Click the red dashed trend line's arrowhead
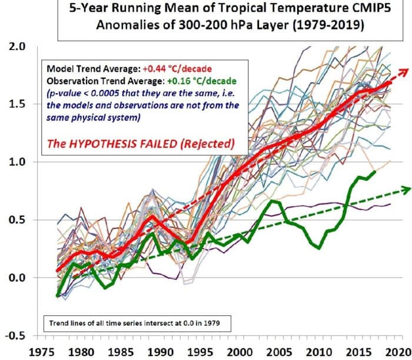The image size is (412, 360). (402, 70)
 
